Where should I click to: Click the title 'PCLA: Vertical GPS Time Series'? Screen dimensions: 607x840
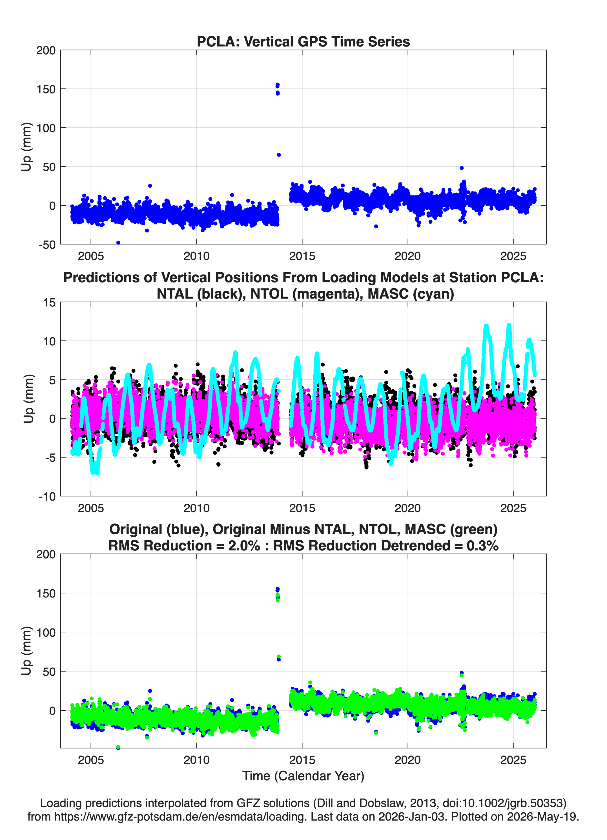click(x=303, y=41)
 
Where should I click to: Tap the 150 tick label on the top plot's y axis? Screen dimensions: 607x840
click(x=46, y=89)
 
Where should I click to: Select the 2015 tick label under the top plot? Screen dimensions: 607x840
click(x=302, y=256)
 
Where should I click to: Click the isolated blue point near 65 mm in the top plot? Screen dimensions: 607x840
click(x=279, y=155)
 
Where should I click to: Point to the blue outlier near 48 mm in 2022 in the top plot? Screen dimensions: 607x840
click(x=461, y=168)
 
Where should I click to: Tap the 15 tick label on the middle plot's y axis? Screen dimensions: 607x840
click(x=49, y=303)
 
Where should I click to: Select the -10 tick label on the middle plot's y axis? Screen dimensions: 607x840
click(x=47, y=497)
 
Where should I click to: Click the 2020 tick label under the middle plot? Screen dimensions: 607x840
click(x=408, y=508)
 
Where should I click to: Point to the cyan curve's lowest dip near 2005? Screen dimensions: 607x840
click(x=95, y=472)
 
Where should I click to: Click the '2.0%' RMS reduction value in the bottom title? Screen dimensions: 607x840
click(x=244, y=546)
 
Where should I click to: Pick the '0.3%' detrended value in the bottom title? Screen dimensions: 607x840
click(x=482, y=546)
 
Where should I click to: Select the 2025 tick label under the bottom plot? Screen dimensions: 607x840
click(x=513, y=760)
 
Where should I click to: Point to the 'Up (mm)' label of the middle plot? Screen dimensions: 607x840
click(x=28, y=399)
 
